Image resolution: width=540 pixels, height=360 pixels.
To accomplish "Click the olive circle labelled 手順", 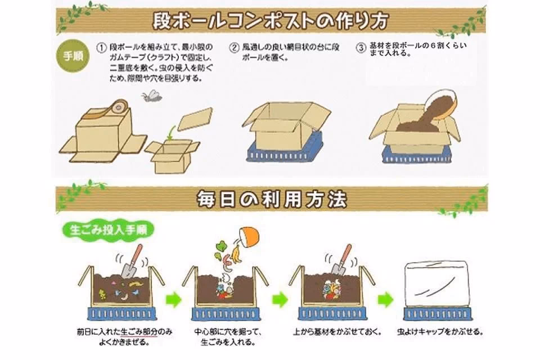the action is [73, 56].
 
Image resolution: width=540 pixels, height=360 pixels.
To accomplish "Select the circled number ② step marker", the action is [234, 48].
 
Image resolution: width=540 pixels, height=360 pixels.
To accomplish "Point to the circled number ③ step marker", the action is [361, 48].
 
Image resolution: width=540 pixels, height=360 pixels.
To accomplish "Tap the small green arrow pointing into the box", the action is [170, 133].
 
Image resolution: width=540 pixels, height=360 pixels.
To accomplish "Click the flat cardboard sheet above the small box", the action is [195, 119].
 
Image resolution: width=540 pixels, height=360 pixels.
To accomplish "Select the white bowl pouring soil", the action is [442, 103].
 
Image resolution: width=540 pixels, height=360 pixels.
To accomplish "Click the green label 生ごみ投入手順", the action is [108, 230].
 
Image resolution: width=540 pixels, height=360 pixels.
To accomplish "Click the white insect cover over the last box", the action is [436, 284].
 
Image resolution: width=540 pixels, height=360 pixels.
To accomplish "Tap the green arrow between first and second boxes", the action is [174, 299].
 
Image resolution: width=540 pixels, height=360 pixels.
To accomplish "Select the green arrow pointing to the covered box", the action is [385, 299].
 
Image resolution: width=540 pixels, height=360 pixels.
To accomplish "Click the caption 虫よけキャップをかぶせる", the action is [440, 332].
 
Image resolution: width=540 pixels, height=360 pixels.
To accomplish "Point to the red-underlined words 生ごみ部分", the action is [139, 332].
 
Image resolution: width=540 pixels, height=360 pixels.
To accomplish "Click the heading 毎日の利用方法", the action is [271, 199].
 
